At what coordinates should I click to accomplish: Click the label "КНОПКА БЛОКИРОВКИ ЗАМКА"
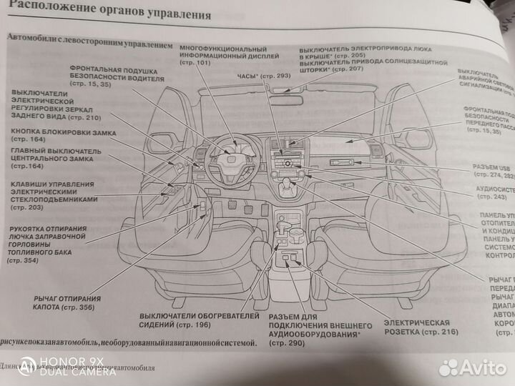63,133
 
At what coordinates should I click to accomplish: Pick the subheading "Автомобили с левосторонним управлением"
89,44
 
